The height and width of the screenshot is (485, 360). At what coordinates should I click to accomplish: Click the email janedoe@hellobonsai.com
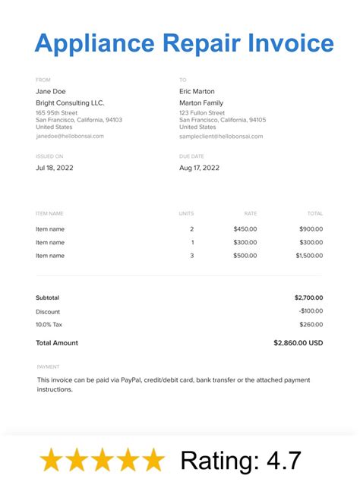[x=70, y=137]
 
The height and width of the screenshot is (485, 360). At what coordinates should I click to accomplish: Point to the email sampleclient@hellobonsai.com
[x=221, y=137]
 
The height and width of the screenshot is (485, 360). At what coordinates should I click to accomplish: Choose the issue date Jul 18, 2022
[x=54, y=168]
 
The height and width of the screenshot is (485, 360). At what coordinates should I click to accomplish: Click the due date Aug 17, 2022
[x=199, y=168]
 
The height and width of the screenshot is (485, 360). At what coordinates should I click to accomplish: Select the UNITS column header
[x=186, y=214]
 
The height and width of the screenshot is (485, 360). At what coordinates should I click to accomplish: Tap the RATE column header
[x=250, y=214]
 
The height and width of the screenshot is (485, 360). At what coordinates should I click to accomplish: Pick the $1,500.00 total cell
[x=308, y=256]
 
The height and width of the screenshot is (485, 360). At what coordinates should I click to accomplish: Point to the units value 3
[x=191, y=256]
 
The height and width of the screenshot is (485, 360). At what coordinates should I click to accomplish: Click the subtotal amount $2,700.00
[x=308, y=298]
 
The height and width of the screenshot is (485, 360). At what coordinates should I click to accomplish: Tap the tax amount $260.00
[x=311, y=325]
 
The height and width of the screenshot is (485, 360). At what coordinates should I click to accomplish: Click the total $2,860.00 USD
[x=298, y=343]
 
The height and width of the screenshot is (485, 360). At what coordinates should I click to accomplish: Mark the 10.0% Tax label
[x=49, y=325]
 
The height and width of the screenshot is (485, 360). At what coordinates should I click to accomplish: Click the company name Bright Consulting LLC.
[x=70, y=103]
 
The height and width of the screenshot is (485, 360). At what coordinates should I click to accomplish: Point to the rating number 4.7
[x=286, y=460]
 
